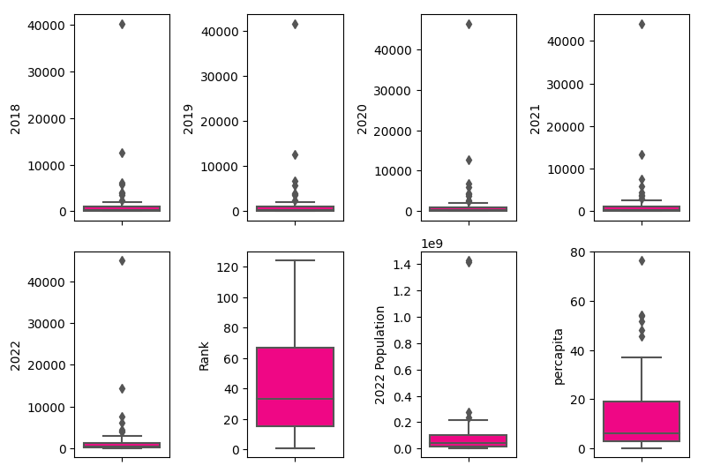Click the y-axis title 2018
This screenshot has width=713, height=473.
(x=15, y=118)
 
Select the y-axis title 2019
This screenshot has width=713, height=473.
(x=188, y=118)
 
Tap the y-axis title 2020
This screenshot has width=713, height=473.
(x=362, y=118)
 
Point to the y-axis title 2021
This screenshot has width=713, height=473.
(x=535, y=118)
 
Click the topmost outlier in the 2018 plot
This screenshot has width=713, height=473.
(x=122, y=24)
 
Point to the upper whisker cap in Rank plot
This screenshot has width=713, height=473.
(x=295, y=260)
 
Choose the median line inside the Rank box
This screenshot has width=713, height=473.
(x=295, y=400)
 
